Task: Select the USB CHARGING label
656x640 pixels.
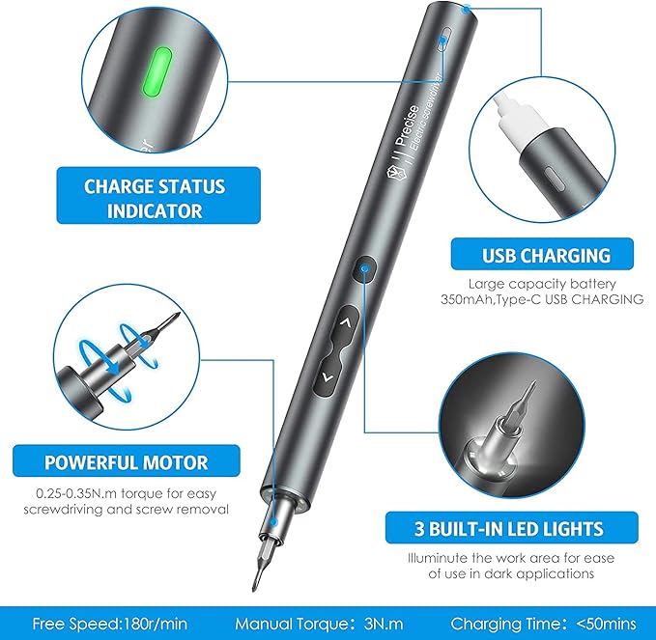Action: click(x=546, y=256)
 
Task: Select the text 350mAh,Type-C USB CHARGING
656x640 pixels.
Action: click(x=556, y=299)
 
